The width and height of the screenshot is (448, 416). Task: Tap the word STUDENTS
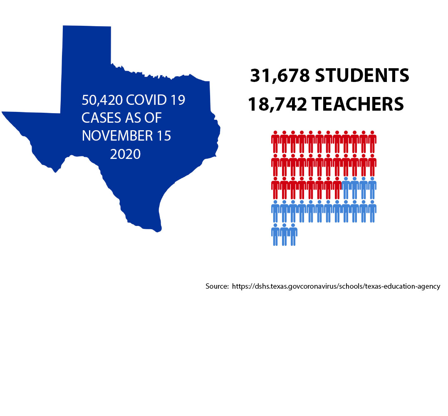coord(362,76)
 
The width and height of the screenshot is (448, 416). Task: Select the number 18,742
coord(277,104)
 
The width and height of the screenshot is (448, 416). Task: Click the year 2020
coord(126,154)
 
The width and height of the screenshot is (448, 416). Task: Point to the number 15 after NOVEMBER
coord(163,136)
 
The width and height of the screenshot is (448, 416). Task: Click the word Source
coord(216,287)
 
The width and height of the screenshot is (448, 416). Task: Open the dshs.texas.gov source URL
coord(336,287)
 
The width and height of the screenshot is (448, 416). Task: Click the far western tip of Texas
coord(3,112)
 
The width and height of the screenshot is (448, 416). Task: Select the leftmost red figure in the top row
coord(275,142)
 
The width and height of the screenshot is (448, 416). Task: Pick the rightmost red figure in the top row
coord(372,142)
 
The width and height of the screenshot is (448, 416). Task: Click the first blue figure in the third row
coord(346,188)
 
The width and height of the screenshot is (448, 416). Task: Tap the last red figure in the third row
coord(337,188)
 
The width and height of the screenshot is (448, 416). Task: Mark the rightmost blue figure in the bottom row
coord(293,235)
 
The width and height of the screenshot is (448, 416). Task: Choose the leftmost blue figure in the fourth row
coord(275,212)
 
